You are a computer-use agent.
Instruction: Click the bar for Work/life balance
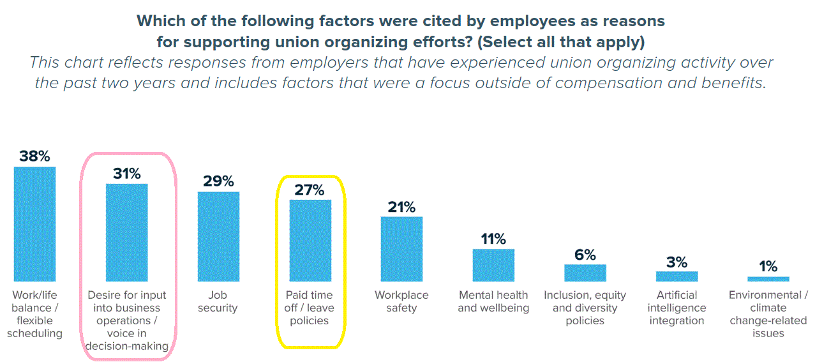click(x=34, y=223)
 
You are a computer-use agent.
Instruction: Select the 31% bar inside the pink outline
click(x=126, y=232)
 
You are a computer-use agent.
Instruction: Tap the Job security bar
click(x=218, y=236)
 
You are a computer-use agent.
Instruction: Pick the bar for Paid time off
click(x=310, y=240)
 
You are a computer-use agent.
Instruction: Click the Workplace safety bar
click(x=401, y=249)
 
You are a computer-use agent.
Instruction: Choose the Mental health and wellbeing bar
click(x=493, y=265)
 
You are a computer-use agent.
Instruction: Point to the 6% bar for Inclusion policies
click(x=585, y=273)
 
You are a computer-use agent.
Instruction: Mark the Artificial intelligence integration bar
click(x=677, y=276)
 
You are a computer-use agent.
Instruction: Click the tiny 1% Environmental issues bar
click(x=768, y=279)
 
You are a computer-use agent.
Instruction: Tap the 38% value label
click(x=34, y=156)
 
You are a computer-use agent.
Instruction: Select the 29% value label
click(x=218, y=181)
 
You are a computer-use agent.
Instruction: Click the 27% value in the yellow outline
click(x=310, y=190)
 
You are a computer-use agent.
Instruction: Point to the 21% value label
click(x=401, y=207)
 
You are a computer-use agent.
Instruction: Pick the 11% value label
click(x=493, y=239)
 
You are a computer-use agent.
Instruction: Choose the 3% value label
click(x=677, y=262)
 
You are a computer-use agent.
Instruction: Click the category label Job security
click(x=218, y=301)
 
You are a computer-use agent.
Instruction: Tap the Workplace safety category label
click(x=401, y=301)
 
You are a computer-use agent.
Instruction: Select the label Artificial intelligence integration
click(x=677, y=308)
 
